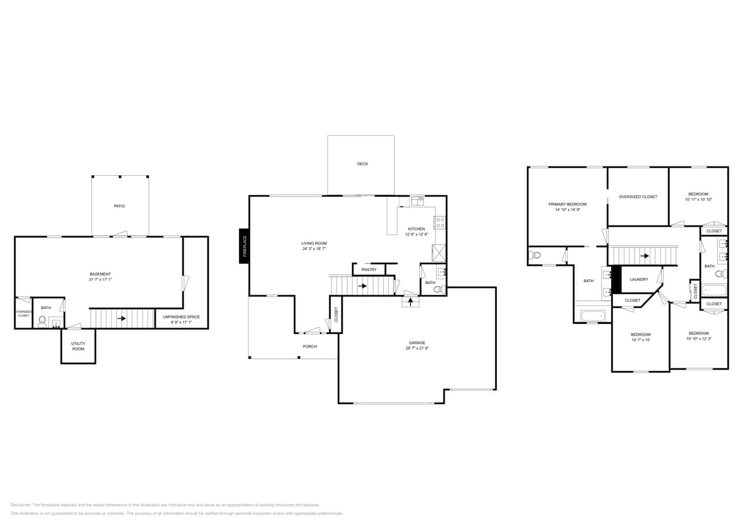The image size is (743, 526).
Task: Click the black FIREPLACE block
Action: tap(244, 246)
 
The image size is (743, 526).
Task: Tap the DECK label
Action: tap(362, 164)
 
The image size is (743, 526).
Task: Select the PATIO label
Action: tap(119, 206)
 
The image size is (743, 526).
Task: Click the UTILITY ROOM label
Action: tap(78, 347)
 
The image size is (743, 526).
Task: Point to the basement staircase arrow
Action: tap(122, 318)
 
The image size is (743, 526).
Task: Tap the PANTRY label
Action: tap(369, 270)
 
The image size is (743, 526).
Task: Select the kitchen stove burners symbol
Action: tap(440, 222)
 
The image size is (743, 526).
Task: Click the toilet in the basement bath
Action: tap(42, 321)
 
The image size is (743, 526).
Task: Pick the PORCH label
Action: tap(310, 347)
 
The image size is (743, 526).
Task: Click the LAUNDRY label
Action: tap(639, 279)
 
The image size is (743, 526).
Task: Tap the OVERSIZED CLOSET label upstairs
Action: tap(638, 197)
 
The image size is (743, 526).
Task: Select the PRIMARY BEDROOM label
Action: tap(567, 204)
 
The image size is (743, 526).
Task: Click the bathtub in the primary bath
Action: tap(593, 316)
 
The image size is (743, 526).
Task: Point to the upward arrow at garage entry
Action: tap(411, 302)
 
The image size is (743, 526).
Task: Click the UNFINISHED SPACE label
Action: tap(181, 317)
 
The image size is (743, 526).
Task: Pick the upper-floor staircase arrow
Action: tap(645, 256)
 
